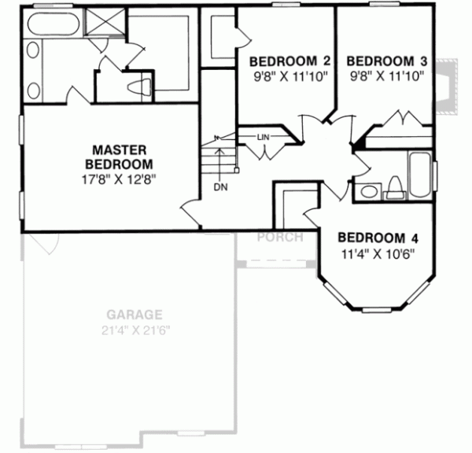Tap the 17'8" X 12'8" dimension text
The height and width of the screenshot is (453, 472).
pyautogui.click(x=121, y=178)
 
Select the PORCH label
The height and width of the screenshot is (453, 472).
pyautogui.click(x=280, y=237)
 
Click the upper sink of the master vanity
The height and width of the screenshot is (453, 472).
pyautogui.click(x=33, y=53)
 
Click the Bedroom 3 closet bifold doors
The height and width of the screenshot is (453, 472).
pyautogui.click(x=404, y=120)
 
